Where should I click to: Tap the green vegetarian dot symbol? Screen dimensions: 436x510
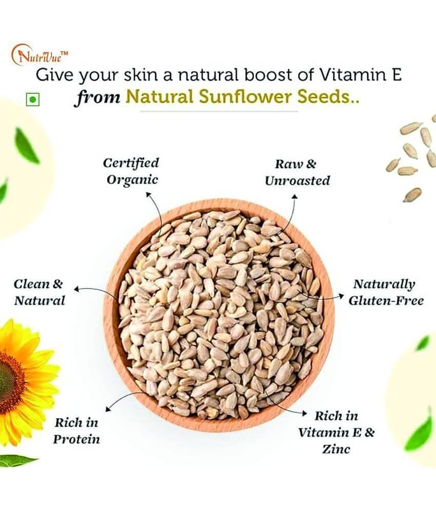pos(33,99)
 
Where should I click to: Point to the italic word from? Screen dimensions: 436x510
pos(98,97)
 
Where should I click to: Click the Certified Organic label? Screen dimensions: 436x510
pos(132,171)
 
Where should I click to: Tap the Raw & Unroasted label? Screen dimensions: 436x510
pos(297,172)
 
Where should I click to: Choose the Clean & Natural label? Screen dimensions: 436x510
pos(39,292)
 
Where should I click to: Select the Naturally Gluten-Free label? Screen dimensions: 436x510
pos(386,292)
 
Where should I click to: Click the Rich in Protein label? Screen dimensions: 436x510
pos(77,431)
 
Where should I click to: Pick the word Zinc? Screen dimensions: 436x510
pos(336,449)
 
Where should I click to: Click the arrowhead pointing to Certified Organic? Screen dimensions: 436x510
pos(148,194)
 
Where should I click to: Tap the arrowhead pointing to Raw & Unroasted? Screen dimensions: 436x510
pos(294,196)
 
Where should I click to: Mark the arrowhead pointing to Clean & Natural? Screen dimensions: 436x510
pos(77,289)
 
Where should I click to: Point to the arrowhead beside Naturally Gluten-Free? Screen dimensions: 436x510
pos(342,295)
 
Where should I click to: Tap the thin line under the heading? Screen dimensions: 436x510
pos(219,111)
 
